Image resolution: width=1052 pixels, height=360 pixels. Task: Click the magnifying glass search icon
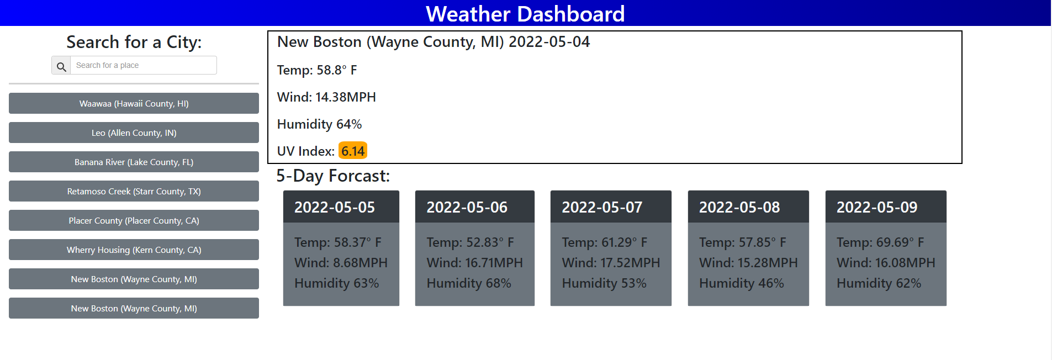click(61, 66)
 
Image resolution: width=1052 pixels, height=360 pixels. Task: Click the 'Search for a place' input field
click(143, 65)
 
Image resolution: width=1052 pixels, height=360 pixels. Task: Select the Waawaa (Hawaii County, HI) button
click(134, 103)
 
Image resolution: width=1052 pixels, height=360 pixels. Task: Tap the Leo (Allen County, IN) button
click(134, 133)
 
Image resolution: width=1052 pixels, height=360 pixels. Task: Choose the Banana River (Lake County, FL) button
click(134, 162)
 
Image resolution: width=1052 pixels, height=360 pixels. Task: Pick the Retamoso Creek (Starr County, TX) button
click(134, 191)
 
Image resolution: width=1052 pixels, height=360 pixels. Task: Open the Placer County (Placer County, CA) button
click(134, 220)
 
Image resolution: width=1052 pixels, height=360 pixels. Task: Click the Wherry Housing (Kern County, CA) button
click(134, 250)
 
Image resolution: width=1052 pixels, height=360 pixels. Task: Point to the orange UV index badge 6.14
click(353, 151)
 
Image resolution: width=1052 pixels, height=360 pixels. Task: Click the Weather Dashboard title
click(525, 14)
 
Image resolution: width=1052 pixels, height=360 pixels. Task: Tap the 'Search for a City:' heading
click(134, 42)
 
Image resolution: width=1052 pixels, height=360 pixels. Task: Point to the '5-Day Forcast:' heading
click(333, 176)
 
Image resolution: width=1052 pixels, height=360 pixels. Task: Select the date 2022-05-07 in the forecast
click(602, 207)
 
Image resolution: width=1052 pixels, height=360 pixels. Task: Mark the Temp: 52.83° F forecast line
click(470, 242)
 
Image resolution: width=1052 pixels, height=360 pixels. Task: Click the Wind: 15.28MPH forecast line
click(748, 263)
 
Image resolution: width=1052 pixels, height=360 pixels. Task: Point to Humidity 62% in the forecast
click(879, 283)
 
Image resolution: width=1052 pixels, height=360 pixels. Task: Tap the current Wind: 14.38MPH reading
click(326, 97)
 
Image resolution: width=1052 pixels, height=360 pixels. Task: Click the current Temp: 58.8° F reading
click(317, 70)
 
